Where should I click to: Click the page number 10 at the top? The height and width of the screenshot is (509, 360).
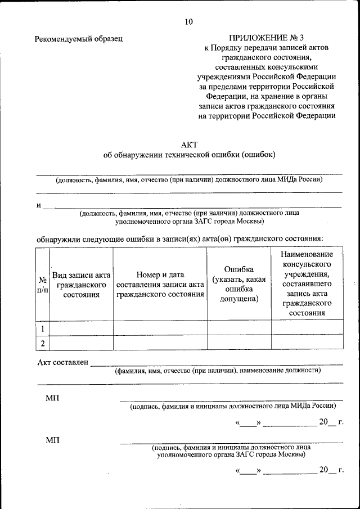click(x=188, y=22)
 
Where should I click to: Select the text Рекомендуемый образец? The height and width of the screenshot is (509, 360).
click(x=79, y=39)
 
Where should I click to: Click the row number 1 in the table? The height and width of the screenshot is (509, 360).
click(x=42, y=328)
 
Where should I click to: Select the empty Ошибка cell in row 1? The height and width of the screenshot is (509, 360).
click(x=239, y=328)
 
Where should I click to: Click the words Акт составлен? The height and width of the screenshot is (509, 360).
click(x=62, y=362)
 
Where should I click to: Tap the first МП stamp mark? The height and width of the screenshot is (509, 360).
click(x=52, y=398)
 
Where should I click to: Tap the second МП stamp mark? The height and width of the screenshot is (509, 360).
click(x=52, y=439)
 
